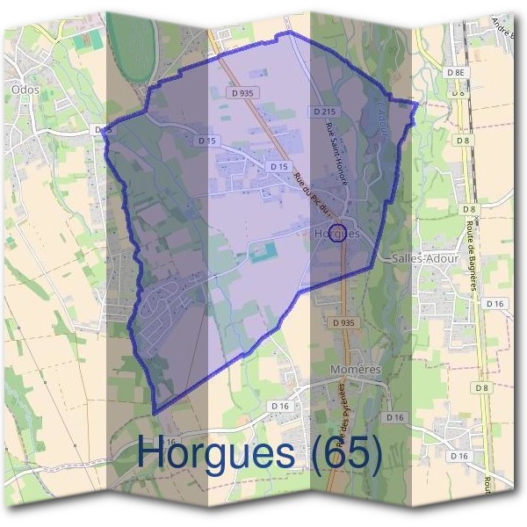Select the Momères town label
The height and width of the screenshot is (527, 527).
pyautogui.click(x=355, y=370)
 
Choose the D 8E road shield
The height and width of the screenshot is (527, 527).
pyautogui.click(x=455, y=72)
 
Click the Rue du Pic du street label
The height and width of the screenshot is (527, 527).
pyautogui.click(x=314, y=190)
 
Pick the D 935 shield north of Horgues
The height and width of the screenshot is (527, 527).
pyautogui.click(x=246, y=91)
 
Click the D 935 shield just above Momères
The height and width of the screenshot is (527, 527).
pyautogui.click(x=344, y=323)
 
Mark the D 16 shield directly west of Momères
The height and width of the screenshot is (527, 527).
pyautogui.click(x=281, y=405)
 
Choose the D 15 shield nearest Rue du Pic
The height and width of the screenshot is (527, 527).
pyautogui.click(x=279, y=166)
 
